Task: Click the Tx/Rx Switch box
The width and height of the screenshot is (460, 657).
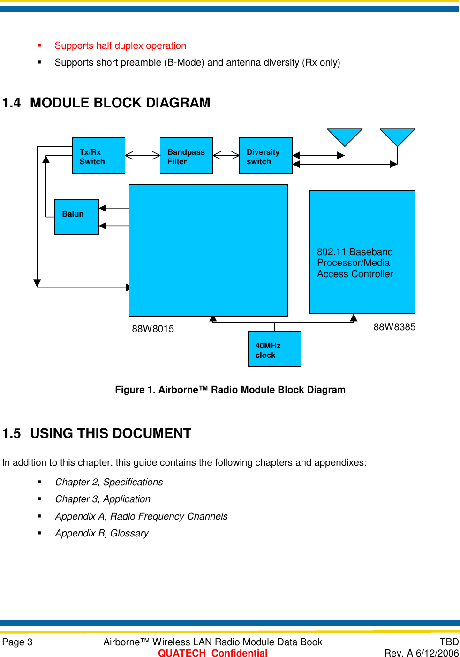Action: click(x=98, y=156)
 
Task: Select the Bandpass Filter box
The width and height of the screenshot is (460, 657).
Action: click(x=186, y=156)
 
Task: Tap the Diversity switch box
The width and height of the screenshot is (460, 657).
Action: click(x=265, y=156)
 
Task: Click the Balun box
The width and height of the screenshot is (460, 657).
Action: click(x=76, y=217)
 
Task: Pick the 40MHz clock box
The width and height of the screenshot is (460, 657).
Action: click(x=274, y=349)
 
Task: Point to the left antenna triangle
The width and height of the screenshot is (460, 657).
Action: click(x=345, y=137)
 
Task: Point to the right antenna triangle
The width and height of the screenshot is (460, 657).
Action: click(x=397, y=137)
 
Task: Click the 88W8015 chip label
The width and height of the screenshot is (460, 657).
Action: click(x=153, y=329)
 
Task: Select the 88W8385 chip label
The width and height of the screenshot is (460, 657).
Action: click(x=394, y=327)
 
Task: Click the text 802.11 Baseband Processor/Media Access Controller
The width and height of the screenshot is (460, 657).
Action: click(x=355, y=263)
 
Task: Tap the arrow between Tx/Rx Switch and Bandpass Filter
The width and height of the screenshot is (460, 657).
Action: click(x=143, y=155)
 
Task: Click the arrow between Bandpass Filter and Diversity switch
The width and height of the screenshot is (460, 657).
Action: click(x=226, y=155)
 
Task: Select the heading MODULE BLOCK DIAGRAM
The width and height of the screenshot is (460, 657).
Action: click(x=120, y=103)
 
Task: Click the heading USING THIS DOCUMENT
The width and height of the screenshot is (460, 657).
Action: click(x=111, y=433)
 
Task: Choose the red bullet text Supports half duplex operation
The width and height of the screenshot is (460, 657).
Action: click(x=120, y=46)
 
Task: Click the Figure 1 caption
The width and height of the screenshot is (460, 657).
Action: click(x=230, y=390)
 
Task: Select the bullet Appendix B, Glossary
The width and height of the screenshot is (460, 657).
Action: click(x=102, y=534)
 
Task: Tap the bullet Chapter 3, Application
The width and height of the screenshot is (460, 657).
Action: click(x=103, y=499)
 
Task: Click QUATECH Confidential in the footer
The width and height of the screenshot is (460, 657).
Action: click(x=212, y=653)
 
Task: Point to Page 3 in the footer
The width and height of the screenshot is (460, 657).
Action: click(x=17, y=642)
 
